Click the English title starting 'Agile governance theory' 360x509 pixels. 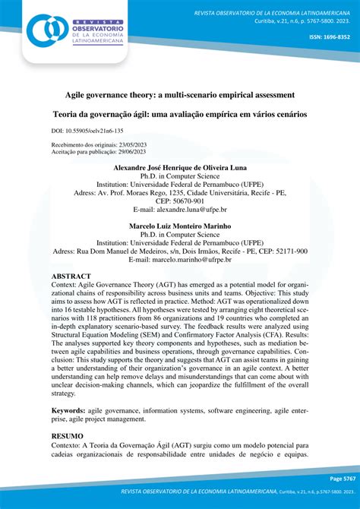pyautogui.click(x=179, y=96)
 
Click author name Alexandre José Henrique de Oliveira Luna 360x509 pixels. pyautogui.click(x=179, y=166)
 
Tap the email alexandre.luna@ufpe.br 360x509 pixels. pyautogui.click(x=193, y=209)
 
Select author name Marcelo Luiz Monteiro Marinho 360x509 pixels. pyautogui.click(x=179, y=226)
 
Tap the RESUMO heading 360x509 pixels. pyautogui.click(x=68, y=437)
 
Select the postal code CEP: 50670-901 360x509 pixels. pyautogui.click(x=180, y=201)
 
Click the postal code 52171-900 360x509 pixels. pyautogui.click(x=279, y=251)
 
